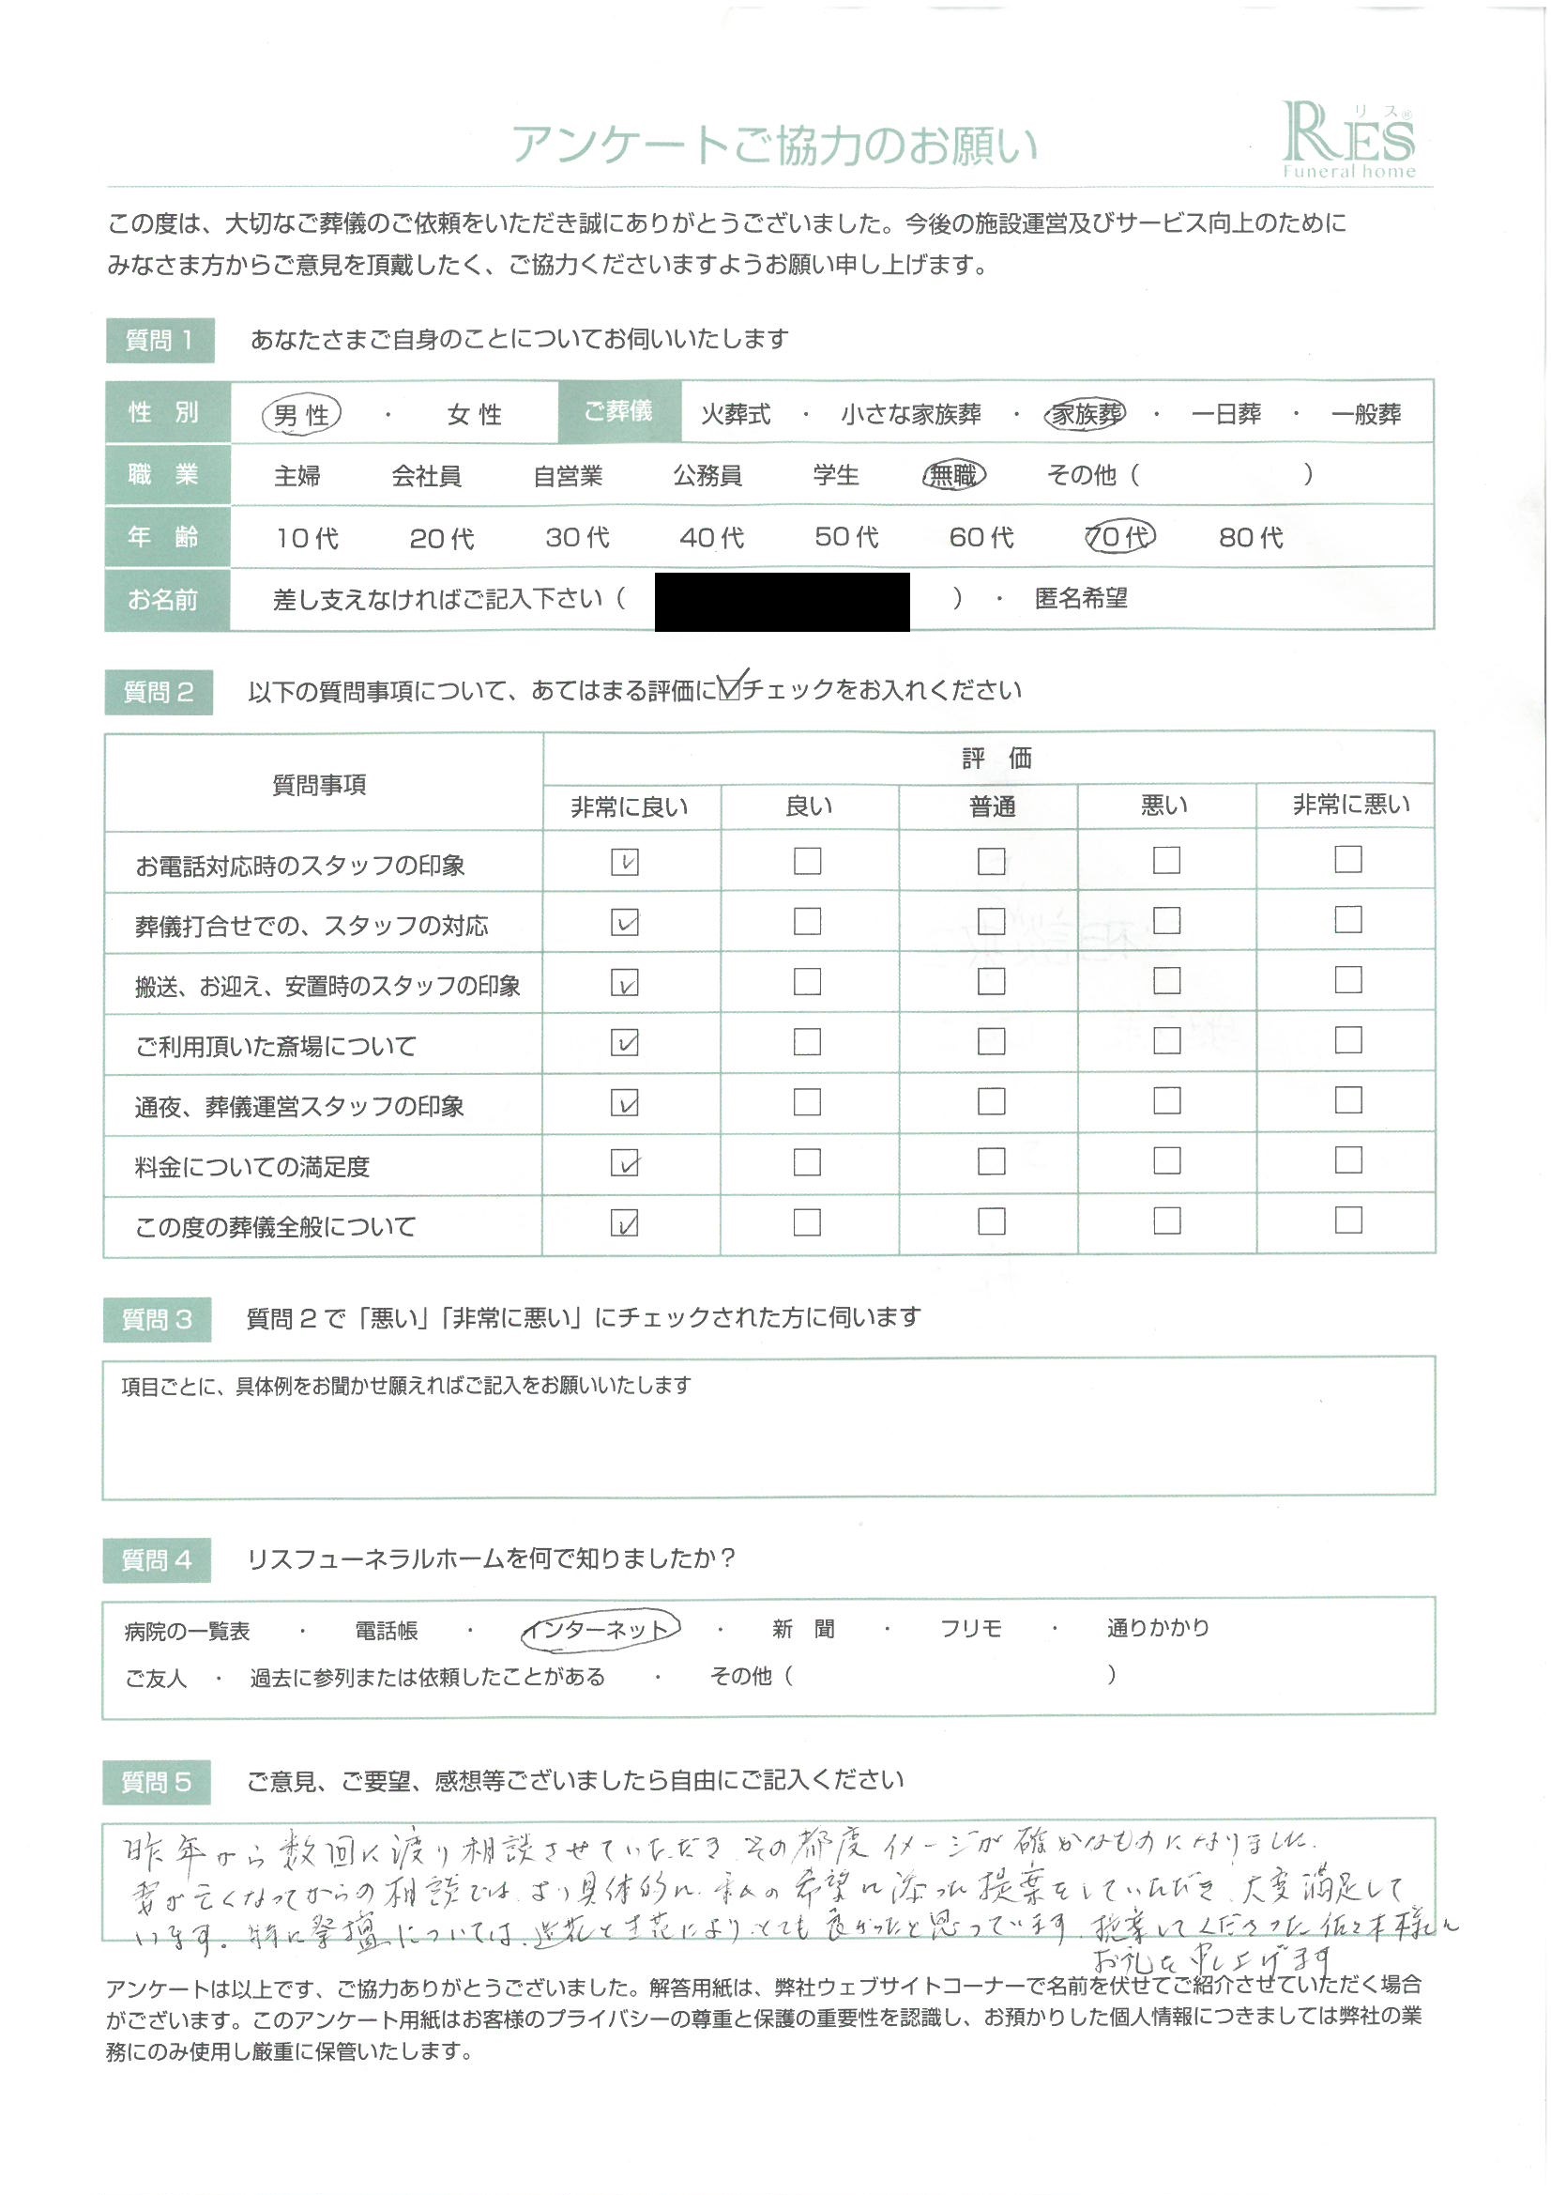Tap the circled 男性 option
[x=301, y=414]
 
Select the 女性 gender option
[x=474, y=415]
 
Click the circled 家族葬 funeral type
[x=1085, y=414]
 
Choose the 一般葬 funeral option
[x=1365, y=414]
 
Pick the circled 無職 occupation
[x=953, y=475]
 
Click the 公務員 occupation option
[x=707, y=475]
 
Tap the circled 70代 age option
[x=1119, y=537]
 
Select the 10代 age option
[x=307, y=538]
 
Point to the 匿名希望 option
[x=1081, y=599]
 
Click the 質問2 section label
[x=159, y=692]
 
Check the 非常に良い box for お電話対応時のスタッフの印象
[x=625, y=862]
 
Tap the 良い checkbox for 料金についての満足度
[x=808, y=1162]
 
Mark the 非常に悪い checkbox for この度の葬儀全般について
[x=1347, y=1220]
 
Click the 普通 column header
[x=991, y=806]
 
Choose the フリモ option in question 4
[x=971, y=1628]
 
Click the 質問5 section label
[x=157, y=1782]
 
